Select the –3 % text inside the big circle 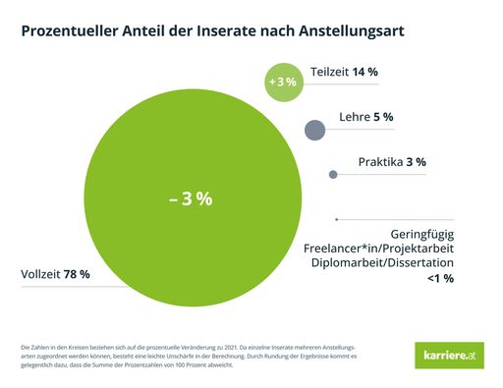point(191,197)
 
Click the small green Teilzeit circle point(282,83)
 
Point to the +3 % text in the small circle point(282,83)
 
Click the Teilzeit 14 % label point(344,72)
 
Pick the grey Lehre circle point(315,130)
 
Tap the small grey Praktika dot point(333,175)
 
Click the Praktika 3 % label point(391,161)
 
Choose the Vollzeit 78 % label point(55,274)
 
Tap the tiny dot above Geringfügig point(336,219)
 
